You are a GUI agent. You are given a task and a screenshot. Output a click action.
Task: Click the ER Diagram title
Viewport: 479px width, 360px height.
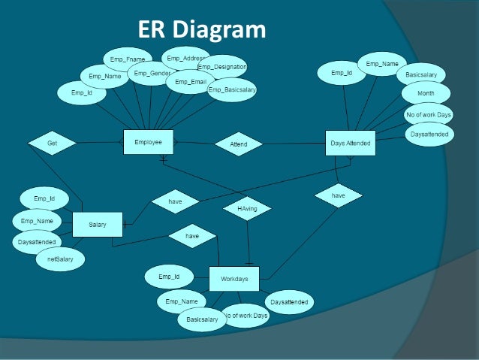[202, 29]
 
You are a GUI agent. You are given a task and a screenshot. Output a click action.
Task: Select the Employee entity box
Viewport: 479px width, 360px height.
[148, 142]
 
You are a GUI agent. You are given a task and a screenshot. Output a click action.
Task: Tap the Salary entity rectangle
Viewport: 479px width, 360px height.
[97, 225]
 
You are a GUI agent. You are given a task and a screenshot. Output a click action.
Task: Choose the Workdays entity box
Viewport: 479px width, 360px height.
[233, 279]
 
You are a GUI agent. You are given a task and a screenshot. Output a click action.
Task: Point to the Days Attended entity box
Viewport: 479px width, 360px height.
[351, 143]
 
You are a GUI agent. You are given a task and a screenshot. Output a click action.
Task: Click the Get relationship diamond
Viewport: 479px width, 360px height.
[52, 142]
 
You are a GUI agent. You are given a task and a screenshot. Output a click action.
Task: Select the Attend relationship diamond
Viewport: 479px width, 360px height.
[238, 144]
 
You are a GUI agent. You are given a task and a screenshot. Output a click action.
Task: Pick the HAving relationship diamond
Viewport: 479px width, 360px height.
[247, 208]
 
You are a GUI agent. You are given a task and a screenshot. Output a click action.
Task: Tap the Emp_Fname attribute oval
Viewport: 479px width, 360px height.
[127, 59]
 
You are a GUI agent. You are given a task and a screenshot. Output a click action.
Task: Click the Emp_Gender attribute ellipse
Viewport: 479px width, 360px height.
[151, 74]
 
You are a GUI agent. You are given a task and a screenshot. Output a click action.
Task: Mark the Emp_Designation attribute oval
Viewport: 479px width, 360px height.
[222, 66]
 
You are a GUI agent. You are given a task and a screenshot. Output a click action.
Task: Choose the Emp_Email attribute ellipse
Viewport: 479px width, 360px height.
[190, 82]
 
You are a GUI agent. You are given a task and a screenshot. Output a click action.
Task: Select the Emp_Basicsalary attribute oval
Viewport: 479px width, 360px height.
[232, 90]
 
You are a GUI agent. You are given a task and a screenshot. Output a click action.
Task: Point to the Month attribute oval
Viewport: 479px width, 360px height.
[425, 94]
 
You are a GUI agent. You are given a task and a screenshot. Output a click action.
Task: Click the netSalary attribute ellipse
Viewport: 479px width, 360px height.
[60, 259]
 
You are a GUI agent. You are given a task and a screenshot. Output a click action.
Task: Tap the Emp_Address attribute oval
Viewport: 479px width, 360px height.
[187, 58]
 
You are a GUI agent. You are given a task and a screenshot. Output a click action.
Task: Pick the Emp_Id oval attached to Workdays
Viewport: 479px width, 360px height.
[169, 277]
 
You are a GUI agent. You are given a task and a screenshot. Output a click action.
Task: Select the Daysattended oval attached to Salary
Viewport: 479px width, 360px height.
[37, 242]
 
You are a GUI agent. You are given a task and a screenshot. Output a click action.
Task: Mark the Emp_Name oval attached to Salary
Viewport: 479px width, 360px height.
[37, 221]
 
